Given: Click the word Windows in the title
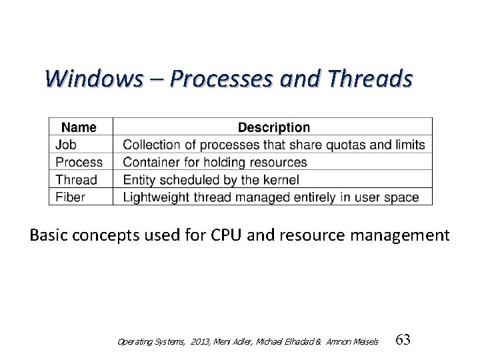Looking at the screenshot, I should (x=93, y=79).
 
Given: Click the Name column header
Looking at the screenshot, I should (x=79, y=127).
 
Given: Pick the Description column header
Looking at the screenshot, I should (x=273, y=127).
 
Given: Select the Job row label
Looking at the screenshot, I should (x=66, y=145).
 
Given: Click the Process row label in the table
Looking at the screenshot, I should (x=79, y=162).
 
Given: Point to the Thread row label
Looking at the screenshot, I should (x=76, y=179).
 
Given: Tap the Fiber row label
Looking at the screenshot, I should (x=71, y=197).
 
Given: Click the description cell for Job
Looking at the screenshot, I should (x=274, y=145).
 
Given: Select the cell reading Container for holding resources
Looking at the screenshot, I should (x=215, y=162).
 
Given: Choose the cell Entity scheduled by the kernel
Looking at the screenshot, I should (x=211, y=179).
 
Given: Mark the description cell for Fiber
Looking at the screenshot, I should (x=271, y=197).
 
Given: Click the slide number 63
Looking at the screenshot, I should (x=403, y=340).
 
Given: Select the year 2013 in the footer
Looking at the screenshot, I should (x=199, y=341).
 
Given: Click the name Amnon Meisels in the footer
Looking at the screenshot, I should (x=353, y=341).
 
